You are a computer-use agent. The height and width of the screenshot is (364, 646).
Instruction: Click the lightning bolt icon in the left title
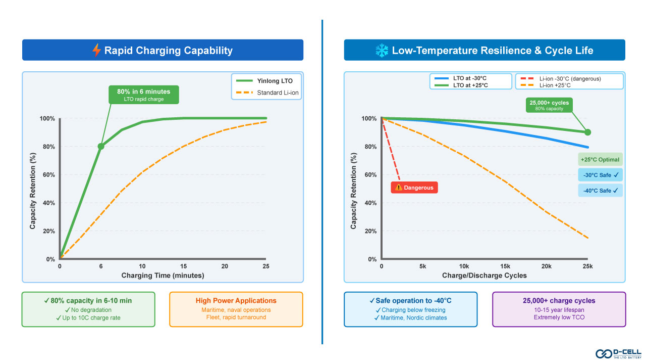(x=96, y=50)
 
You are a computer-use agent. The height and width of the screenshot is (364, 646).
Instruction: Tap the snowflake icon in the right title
(x=382, y=50)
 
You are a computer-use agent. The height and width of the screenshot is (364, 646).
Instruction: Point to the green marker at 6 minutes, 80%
(x=101, y=147)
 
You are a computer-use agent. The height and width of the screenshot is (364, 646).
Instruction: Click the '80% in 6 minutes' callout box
(x=144, y=95)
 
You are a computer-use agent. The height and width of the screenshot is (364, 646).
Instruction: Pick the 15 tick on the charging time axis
(x=184, y=266)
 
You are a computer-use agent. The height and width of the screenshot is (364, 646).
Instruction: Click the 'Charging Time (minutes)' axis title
(x=163, y=276)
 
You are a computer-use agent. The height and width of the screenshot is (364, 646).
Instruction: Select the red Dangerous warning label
(x=414, y=188)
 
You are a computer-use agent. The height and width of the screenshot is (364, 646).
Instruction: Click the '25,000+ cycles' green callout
(x=549, y=105)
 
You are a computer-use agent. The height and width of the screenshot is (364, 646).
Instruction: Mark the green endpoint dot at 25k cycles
(x=587, y=132)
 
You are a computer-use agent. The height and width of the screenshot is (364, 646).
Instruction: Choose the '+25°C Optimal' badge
(x=600, y=160)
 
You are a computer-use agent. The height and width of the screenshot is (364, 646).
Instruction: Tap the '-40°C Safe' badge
(x=600, y=191)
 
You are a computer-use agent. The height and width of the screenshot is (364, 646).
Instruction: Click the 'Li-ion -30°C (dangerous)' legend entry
(x=568, y=79)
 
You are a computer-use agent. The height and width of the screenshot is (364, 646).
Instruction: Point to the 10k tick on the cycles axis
(x=464, y=266)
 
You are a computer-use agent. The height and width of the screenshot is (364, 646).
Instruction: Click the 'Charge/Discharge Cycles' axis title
(x=484, y=276)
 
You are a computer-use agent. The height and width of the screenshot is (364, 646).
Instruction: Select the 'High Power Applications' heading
(x=236, y=301)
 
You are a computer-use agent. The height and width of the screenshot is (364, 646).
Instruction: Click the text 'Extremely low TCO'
(x=559, y=317)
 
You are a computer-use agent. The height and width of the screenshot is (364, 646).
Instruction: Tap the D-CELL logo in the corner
(x=617, y=353)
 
